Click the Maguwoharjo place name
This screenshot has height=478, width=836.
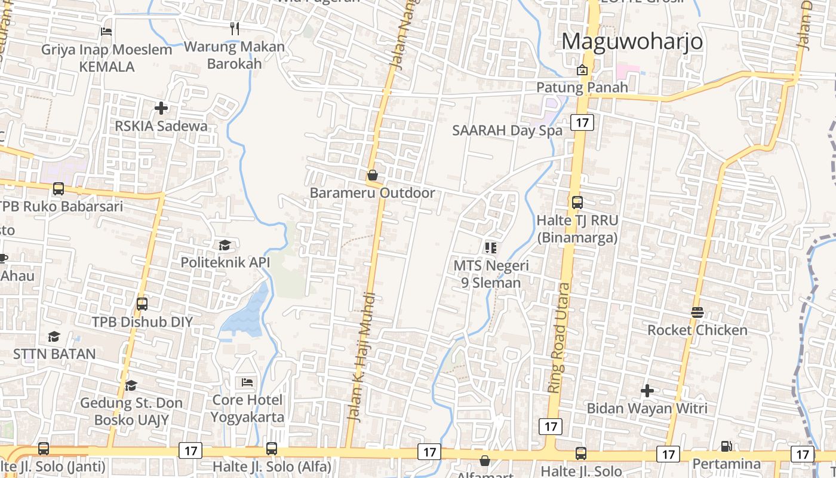632,41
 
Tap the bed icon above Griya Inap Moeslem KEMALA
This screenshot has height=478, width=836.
106,31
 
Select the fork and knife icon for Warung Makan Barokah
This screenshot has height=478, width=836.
235,28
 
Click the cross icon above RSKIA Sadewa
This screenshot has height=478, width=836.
161,108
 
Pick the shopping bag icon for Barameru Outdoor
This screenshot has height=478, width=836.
372,175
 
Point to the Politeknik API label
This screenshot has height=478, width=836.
225,262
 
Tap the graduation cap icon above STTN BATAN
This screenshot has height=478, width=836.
54,336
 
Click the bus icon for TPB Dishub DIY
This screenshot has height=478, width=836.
142,304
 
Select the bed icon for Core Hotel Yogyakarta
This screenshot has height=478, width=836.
247,382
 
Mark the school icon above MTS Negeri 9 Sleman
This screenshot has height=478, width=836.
491,247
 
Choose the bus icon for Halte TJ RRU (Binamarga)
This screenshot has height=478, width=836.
577,202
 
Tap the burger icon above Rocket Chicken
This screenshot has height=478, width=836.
697,312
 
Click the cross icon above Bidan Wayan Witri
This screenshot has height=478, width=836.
647,391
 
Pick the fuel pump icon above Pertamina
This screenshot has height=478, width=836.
726,446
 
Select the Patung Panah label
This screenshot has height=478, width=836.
582,87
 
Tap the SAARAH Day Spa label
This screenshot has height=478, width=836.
507,130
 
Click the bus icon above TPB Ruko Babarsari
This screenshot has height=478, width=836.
59,189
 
